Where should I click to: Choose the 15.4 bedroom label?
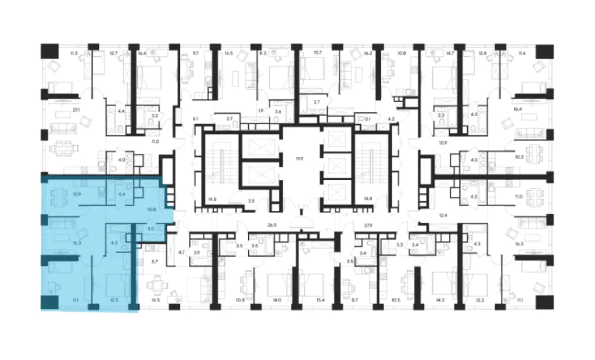click(x=318, y=300)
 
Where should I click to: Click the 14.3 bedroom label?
click(x=439, y=300)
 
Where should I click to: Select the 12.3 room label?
click(x=479, y=300)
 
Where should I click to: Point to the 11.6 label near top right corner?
click(x=522, y=53)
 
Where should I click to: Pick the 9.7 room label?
click(x=195, y=53)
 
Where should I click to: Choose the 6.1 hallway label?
click(x=195, y=118)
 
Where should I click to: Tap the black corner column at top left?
click(x=48, y=51)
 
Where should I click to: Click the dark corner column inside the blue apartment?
click(x=49, y=303)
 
